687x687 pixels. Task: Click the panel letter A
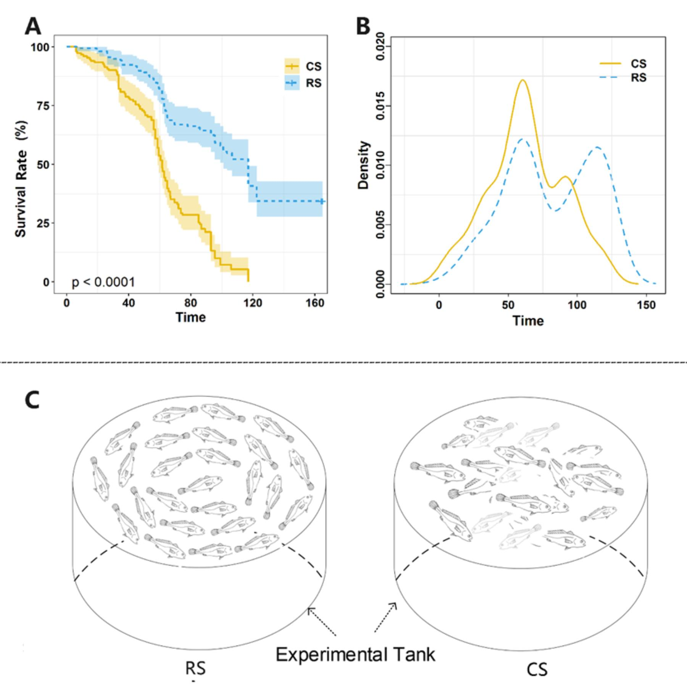tap(33, 27)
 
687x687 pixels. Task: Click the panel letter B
tap(363, 27)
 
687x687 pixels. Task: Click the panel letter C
tap(32, 400)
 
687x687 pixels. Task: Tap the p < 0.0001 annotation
tap(103, 282)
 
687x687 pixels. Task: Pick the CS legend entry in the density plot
tap(622, 64)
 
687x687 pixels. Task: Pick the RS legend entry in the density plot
tap(622, 78)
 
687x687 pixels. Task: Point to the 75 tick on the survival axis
tap(43, 106)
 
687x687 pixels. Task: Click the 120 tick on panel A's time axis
tap(253, 303)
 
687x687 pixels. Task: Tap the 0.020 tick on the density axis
tap(380, 46)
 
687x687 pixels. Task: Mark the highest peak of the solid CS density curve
tap(523, 80)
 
